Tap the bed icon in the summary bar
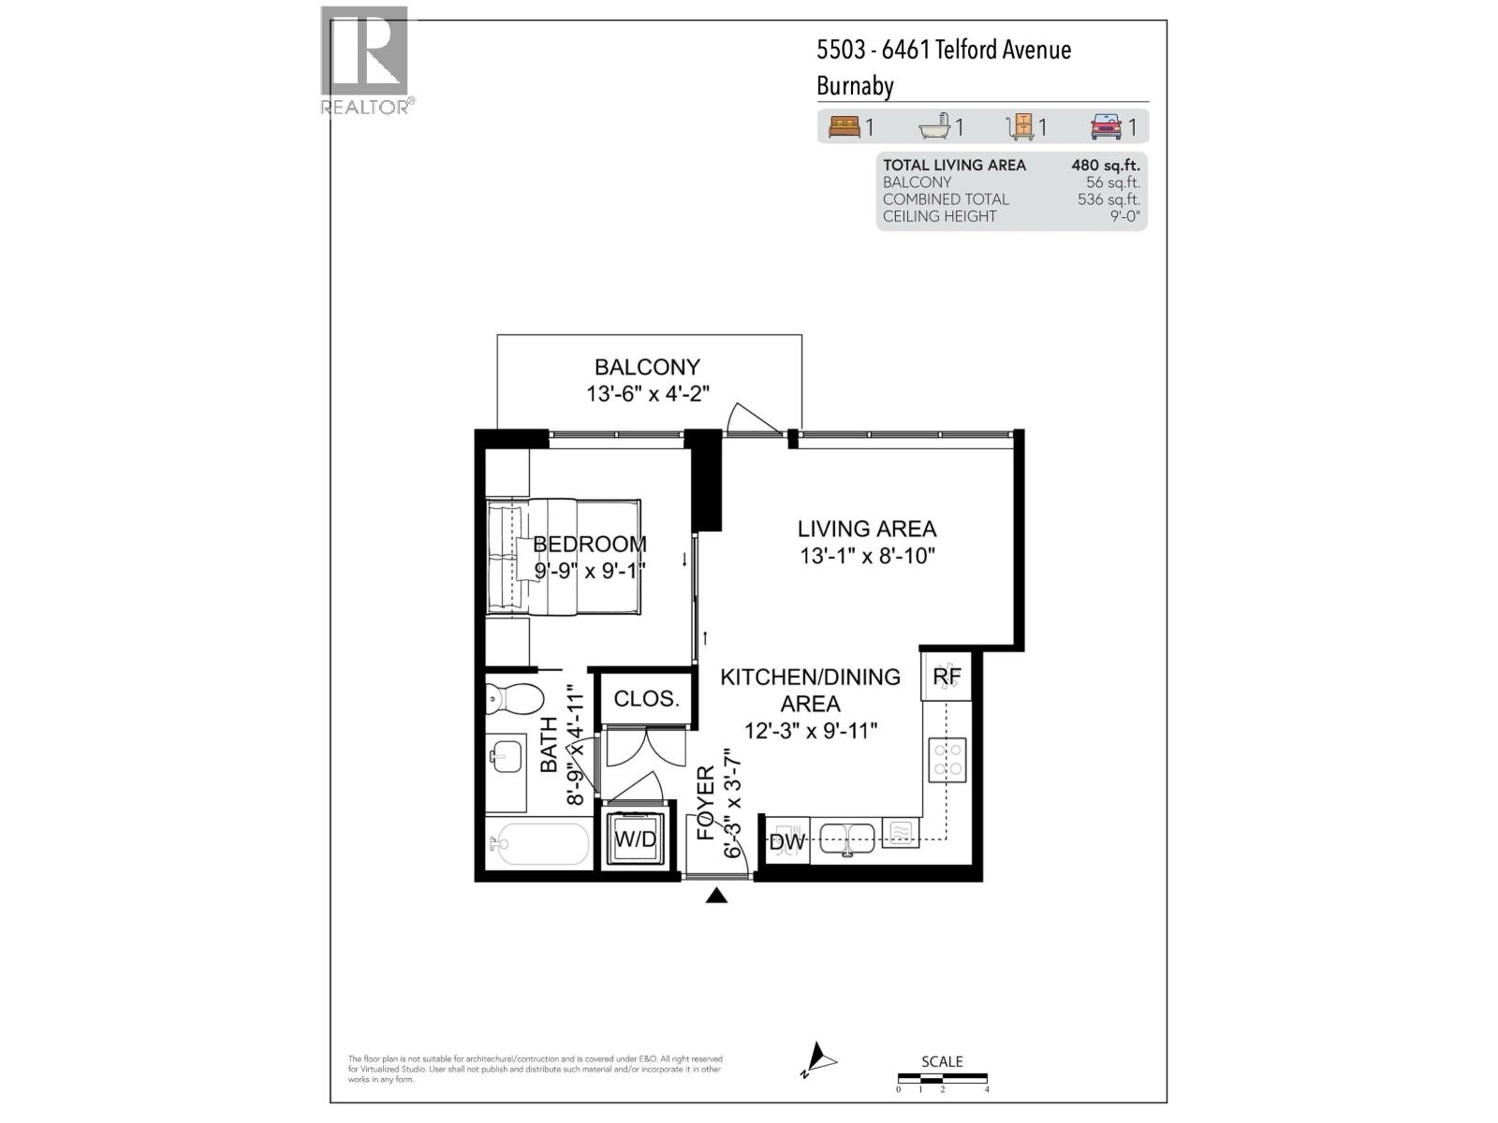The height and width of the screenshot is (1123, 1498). [844, 126]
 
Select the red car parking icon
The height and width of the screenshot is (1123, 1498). [1106, 126]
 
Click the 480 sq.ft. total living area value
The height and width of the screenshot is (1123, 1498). [1105, 165]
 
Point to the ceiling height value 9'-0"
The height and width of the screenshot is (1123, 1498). [1123, 216]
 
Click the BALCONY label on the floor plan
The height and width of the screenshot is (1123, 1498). [647, 367]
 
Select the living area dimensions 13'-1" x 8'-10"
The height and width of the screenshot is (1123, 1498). [867, 556]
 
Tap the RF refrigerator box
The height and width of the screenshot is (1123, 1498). [947, 677]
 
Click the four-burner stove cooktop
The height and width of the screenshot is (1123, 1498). [947, 759]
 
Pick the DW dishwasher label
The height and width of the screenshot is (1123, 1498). [786, 841]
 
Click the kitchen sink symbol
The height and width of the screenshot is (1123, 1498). [847, 839]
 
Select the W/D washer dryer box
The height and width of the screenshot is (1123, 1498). [636, 839]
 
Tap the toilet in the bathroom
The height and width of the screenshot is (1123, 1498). [514, 698]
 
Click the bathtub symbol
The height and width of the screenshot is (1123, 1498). [538, 844]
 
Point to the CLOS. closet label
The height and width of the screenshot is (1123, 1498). [646, 699]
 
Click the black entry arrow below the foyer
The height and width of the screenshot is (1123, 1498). [716, 897]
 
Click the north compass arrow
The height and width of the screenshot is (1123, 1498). [820, 1059]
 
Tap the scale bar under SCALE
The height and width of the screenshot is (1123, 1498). [942, 1079]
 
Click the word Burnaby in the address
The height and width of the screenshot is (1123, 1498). [855, 86]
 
